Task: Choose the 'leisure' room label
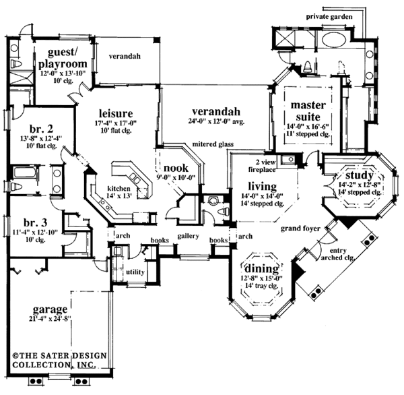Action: tap(116, 113)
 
